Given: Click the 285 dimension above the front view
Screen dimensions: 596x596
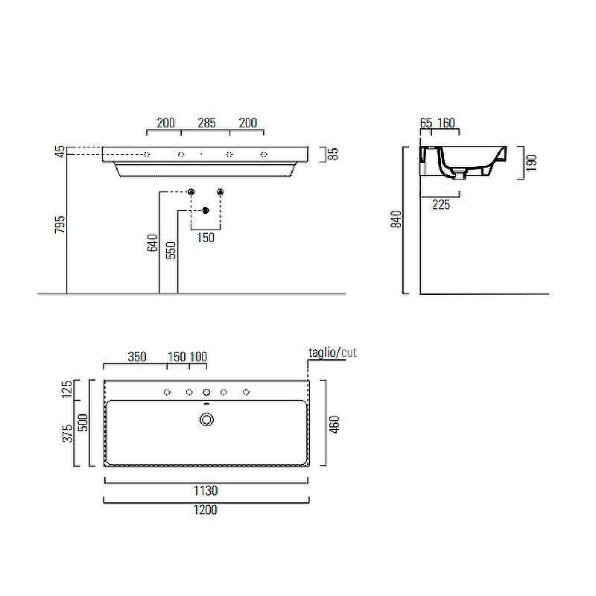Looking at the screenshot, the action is click(206, 123).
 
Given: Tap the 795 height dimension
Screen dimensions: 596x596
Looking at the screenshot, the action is click(60, 224).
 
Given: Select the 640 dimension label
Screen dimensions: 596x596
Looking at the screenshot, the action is click(152, 243).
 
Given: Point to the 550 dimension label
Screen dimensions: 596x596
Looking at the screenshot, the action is click(171, 250).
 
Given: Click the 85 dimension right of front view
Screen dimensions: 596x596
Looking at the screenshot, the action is click(333, 153).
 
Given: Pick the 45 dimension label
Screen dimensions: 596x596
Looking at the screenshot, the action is click(60, 152).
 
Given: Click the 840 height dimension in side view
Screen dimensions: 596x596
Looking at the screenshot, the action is click(396, 219).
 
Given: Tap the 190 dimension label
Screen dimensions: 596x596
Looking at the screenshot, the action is click(532, 162).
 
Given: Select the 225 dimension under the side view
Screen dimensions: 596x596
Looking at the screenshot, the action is click(441, 204).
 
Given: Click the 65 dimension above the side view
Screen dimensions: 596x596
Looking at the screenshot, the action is click(426, 123).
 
